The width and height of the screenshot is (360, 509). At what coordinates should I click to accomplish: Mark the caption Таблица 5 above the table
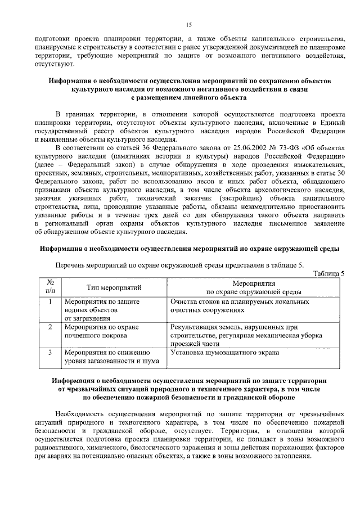(328, 273)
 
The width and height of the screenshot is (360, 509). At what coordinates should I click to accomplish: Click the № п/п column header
(50, 287)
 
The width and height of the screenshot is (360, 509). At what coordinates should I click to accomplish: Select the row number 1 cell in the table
(50, 301)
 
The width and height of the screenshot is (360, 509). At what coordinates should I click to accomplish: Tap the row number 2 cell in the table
(50, 326)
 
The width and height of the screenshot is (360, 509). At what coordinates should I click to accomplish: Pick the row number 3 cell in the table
(50, 352)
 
